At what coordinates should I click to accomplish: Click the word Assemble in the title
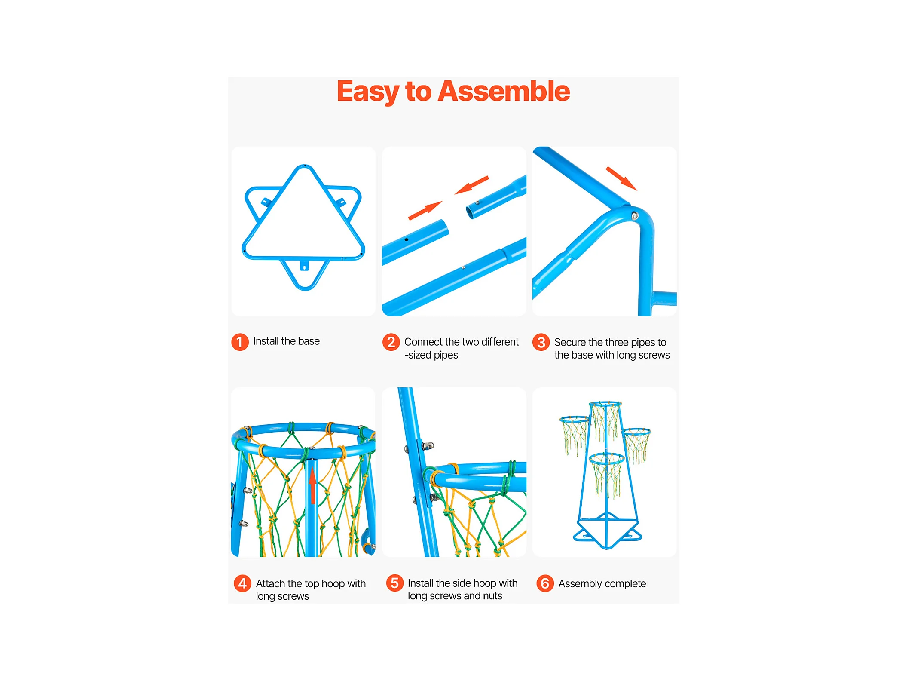coord(504,91)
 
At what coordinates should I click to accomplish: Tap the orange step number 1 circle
coord(240,342)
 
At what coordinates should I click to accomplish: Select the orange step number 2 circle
coord(391,342)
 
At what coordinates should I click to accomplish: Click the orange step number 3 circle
coord(541,342)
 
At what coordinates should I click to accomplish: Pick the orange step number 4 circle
coord(242,583)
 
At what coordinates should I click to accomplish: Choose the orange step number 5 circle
coord(394,583)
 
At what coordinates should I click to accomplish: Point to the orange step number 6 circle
coord(545,583)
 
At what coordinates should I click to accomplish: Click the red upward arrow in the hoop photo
coord(313,486)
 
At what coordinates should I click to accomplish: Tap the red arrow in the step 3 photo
coord(621,178)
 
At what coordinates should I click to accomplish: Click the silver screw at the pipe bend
coord(634,215)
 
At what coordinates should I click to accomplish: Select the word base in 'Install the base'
coord(309,341)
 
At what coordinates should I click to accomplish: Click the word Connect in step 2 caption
coord(423,342)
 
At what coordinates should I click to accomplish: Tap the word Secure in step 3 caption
coord(570,342)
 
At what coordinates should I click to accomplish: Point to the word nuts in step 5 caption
coord(492,596)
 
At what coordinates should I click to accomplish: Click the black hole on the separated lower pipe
coord(406,239)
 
